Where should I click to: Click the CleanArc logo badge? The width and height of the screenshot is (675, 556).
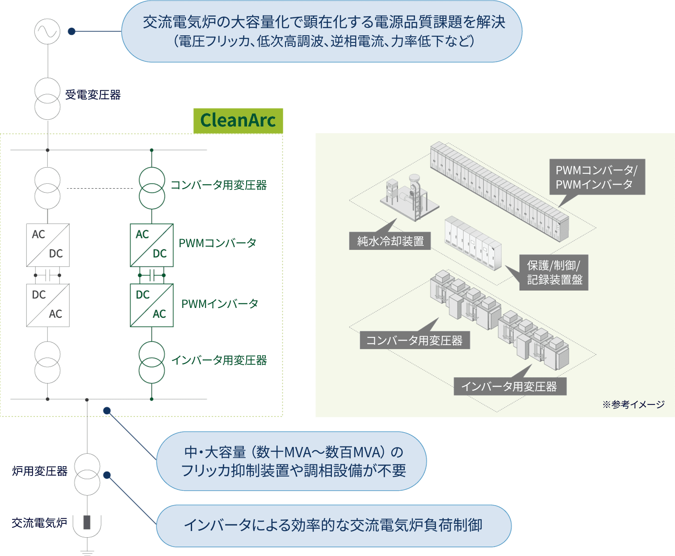[238, 121]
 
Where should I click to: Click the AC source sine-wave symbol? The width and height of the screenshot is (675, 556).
[47, 31]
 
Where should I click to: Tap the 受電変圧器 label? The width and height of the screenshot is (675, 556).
[93, 95]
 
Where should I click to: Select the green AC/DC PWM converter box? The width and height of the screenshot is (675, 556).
[152, 245]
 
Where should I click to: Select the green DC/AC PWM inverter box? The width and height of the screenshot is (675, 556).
[152, 305]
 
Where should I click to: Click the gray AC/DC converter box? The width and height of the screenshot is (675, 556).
[48, 245]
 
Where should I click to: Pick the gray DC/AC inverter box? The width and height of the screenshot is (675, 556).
[48, 305]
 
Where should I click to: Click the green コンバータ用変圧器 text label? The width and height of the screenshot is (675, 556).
[219, 185]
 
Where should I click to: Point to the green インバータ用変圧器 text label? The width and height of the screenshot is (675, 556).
[219, 360]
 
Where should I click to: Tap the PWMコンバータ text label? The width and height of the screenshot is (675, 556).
[218, 243]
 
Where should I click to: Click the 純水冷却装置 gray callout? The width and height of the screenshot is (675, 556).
[390, 241]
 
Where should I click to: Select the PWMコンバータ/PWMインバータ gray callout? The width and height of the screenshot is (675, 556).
[597, 177]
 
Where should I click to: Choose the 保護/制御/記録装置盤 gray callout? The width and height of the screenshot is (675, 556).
[554, 273]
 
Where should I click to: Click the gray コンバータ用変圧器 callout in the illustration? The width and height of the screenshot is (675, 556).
[415, 341]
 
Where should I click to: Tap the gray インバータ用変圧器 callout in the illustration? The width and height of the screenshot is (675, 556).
[510, 386]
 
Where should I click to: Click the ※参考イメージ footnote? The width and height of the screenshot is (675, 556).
[633, 404]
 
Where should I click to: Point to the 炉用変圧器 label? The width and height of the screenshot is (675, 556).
[40, 471]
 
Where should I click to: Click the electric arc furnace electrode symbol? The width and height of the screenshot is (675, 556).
[87, 522]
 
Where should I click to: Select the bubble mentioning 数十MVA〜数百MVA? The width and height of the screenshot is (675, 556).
[292, 461]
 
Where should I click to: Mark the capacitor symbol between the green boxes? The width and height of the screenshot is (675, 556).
[152, 275]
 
